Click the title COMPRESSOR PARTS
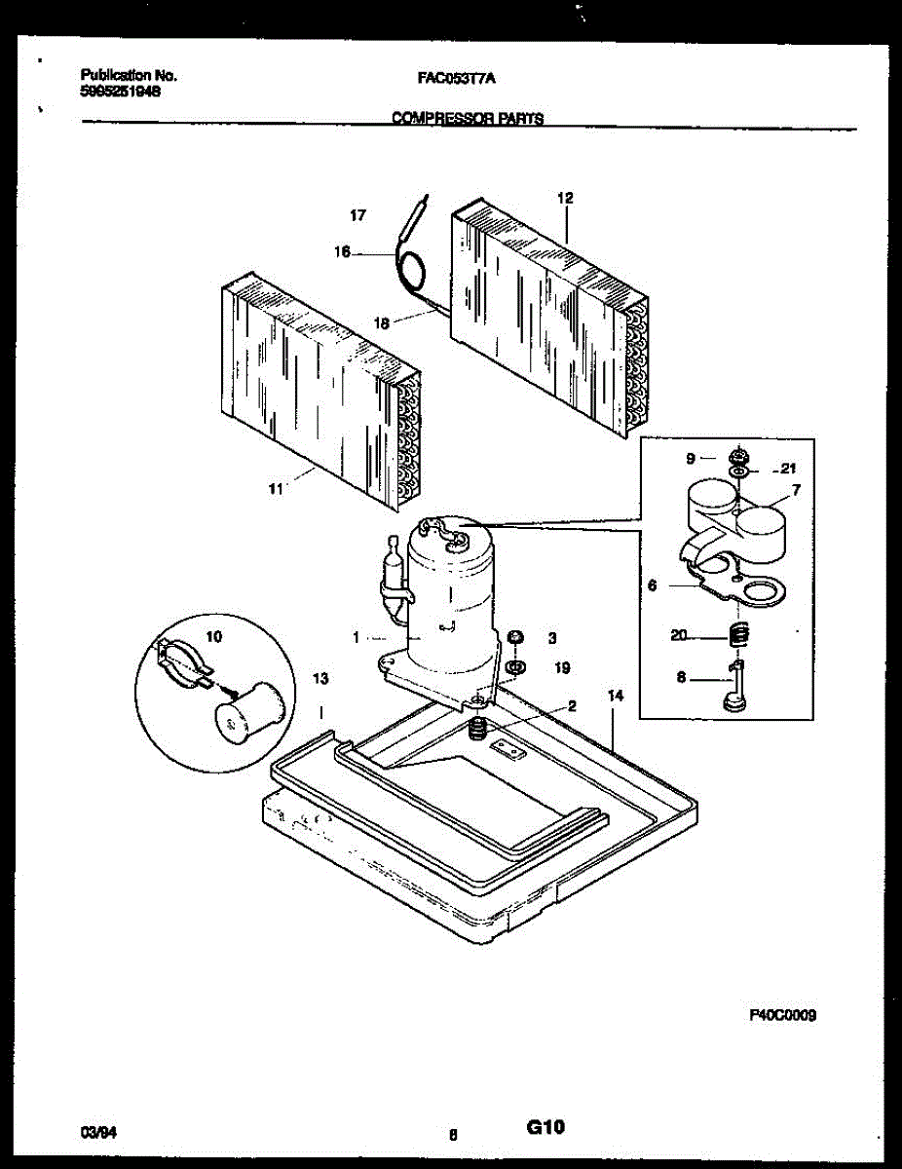[x=467, y=119]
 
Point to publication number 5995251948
[x=121, y=90]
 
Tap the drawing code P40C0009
[x=782, y=1014]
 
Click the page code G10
[x=545, y=1127]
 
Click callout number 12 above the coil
[x=565, y=198]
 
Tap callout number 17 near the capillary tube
[x=357, y=214]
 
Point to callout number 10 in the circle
[x=214, y=636]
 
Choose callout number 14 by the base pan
[x=615, y=696]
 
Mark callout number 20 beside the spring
[x=679, y=636]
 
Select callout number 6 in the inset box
[x=652, y=585]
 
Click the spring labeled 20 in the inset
[x=738, y=635]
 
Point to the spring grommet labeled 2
[x=477, y=728]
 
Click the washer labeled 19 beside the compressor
[x=513, y=668]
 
